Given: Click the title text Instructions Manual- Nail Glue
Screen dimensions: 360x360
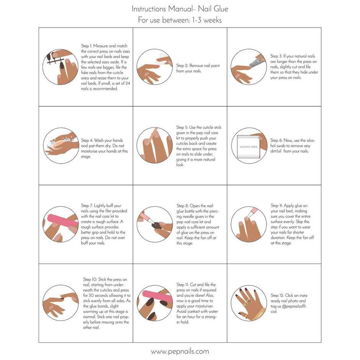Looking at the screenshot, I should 180,8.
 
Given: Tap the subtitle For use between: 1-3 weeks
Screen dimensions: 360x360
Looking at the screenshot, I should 180,20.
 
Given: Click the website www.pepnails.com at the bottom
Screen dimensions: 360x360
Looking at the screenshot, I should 180,351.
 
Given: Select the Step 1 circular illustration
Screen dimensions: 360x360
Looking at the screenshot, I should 58,67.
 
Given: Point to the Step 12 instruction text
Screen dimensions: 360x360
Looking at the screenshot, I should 289,303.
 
